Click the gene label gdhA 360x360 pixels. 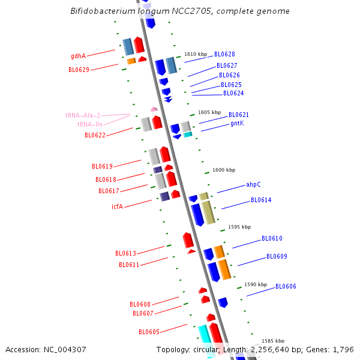pos(78,56)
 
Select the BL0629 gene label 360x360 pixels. pos(79,70)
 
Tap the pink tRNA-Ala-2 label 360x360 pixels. pos(83,115)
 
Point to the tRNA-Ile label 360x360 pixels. pos(89,124)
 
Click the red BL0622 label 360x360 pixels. pos(95,136)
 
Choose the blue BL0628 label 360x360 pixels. pos(224,55)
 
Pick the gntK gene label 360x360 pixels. pos(237,124)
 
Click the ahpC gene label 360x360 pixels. pos(253,185)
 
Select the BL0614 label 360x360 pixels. pos(261,200)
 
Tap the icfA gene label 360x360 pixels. pos(117,206)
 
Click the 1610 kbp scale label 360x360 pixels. pos(196,54)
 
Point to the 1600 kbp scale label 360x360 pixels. pos(224,170)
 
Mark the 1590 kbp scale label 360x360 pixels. pos(256,284)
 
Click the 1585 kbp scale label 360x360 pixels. pos(273,341)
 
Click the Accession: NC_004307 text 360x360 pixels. pos(46,349)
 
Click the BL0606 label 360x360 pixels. pos(286,287)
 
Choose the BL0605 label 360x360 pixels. pos(149,332)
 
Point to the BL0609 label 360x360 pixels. pos(277,257)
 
